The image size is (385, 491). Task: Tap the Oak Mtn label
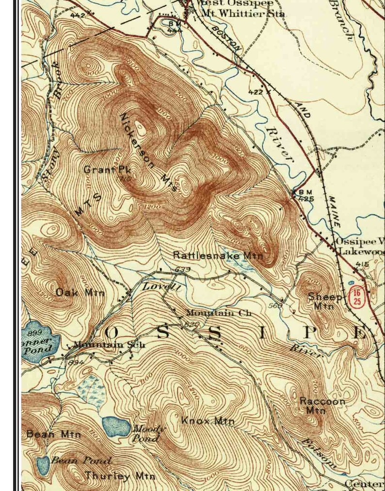coord(80,292)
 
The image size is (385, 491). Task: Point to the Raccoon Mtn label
coord(316,406)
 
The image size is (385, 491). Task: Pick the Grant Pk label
coord(105,170)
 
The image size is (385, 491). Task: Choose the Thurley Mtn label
coord(120,476)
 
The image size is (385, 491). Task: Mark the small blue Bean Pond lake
coord(43,465)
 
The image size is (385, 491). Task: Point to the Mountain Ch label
coord(219,313)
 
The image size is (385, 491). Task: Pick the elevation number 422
coord(255,92)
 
